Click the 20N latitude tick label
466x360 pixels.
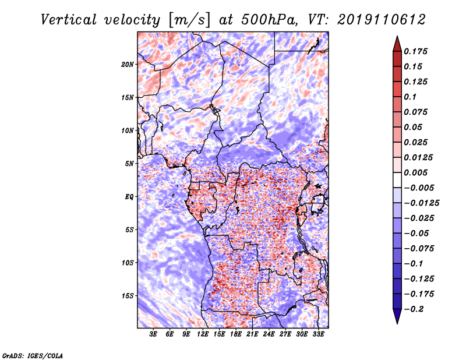pos(128,65)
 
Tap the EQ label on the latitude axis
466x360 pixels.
pos(129,197)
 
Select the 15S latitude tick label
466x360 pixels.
pos(128,296)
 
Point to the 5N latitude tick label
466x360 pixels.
pos(129,164)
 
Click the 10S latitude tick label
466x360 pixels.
pos(128,263)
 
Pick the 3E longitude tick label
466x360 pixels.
pos(153,334)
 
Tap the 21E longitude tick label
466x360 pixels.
pos(252,334)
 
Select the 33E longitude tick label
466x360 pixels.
pos(318,334)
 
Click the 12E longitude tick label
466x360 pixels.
pos(203,334)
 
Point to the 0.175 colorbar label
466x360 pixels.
pos(415,51)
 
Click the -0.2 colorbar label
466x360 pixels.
pos(414,309)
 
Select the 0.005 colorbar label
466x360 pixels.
pos(415,172)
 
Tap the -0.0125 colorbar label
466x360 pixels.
pos(421,203)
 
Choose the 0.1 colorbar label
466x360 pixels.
pos(410,97)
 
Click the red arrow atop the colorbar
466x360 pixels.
pos(397,44)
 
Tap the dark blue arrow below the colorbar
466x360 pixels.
pos(397,316)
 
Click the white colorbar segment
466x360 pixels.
pos(397,180)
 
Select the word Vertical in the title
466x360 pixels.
pos(69,20)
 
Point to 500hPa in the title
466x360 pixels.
pos(270,20)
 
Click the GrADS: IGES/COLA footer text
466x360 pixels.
pos(33,356)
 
